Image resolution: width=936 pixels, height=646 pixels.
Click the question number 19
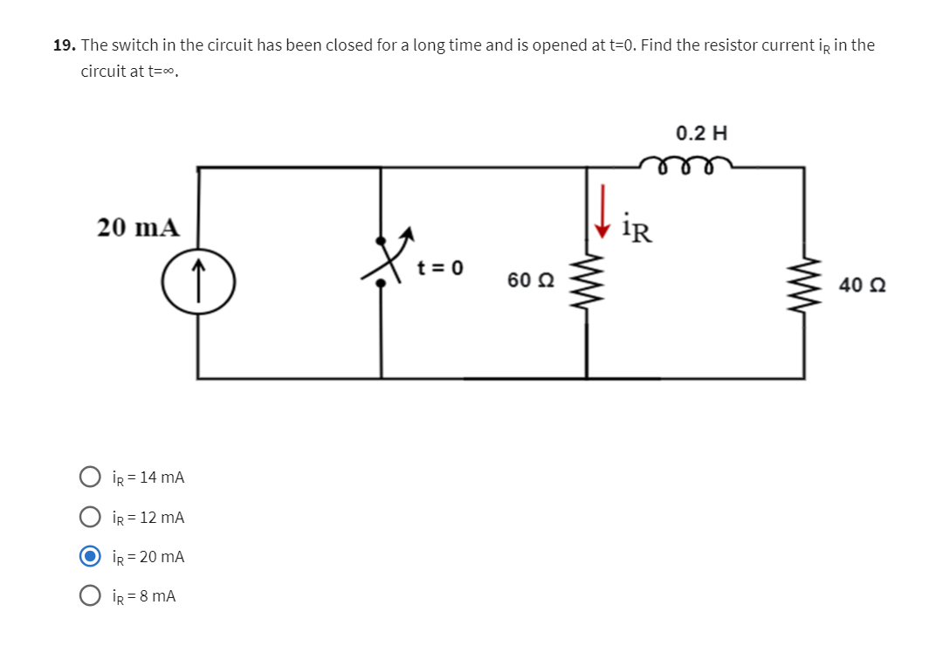pos(63,45)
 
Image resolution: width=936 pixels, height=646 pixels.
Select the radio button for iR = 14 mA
pos(90,478)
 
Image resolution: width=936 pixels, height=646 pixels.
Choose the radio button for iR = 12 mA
pos(90,518)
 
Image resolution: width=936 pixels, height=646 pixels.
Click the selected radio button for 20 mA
pos(90,556)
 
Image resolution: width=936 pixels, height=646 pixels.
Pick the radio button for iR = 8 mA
pos(90,596)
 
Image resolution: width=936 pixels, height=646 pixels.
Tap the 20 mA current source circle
pos(199,285)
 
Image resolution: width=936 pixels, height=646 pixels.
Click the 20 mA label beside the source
pos(138,228)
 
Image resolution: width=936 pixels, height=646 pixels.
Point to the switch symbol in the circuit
pos(382,259)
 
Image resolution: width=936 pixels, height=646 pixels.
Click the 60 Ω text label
pos(529,280)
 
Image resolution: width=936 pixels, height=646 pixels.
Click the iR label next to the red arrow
pos(637,230)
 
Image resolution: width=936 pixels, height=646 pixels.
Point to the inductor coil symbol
pos(685,165)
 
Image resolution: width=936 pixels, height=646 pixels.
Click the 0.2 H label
pos(701,134)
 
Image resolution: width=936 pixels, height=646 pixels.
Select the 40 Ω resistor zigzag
pos(803,285)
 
